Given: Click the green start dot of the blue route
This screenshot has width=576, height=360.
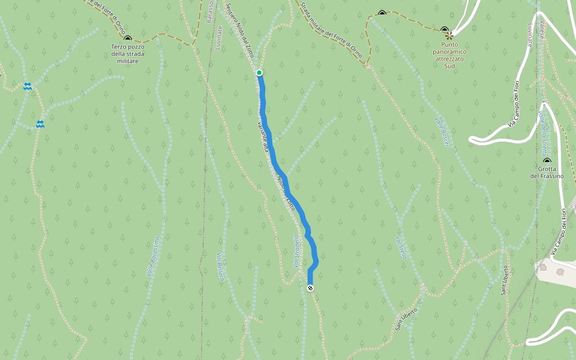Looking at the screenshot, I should [x=259, y=73].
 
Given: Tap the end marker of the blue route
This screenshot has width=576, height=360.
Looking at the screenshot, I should [x=310, y=289].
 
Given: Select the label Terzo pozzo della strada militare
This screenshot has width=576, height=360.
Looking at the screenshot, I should [x=128, y=53].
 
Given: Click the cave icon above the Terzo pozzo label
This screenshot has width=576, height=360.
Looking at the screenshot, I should [x=128, y=38].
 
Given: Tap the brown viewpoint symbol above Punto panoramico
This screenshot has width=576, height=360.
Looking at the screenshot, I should [x=449, y=36].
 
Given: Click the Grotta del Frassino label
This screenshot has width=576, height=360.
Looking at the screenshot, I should [x=547, y=172].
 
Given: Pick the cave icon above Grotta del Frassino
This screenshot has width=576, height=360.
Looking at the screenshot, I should [x=547, y=160].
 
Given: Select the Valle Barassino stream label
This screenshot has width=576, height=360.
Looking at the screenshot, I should [x=152, y=257].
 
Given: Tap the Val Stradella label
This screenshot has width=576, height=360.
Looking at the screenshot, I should [x=296, y=251].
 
